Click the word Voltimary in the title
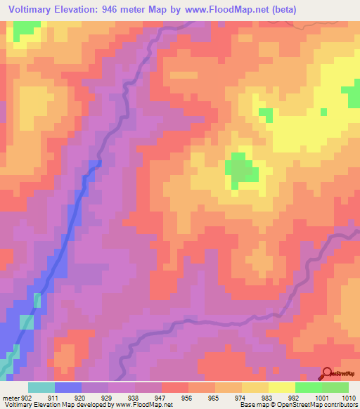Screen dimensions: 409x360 34,10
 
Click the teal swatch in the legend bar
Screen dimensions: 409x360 41,387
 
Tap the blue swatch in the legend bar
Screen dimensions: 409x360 68,387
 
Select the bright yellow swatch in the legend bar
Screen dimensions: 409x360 281,387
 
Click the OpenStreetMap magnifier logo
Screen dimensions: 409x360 328,373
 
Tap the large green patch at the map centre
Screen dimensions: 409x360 240,170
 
